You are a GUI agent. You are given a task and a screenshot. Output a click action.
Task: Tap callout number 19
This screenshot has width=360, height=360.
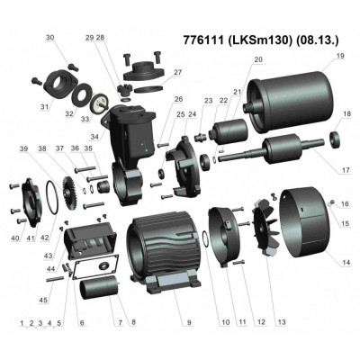[x=339, y=56]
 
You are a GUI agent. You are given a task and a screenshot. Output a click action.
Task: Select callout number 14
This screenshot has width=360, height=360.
[x=345, y=262]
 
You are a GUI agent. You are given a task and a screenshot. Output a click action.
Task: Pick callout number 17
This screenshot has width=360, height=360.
[x=344, y=169]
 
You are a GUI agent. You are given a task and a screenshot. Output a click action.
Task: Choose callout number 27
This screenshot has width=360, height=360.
[x=177, y=72]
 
